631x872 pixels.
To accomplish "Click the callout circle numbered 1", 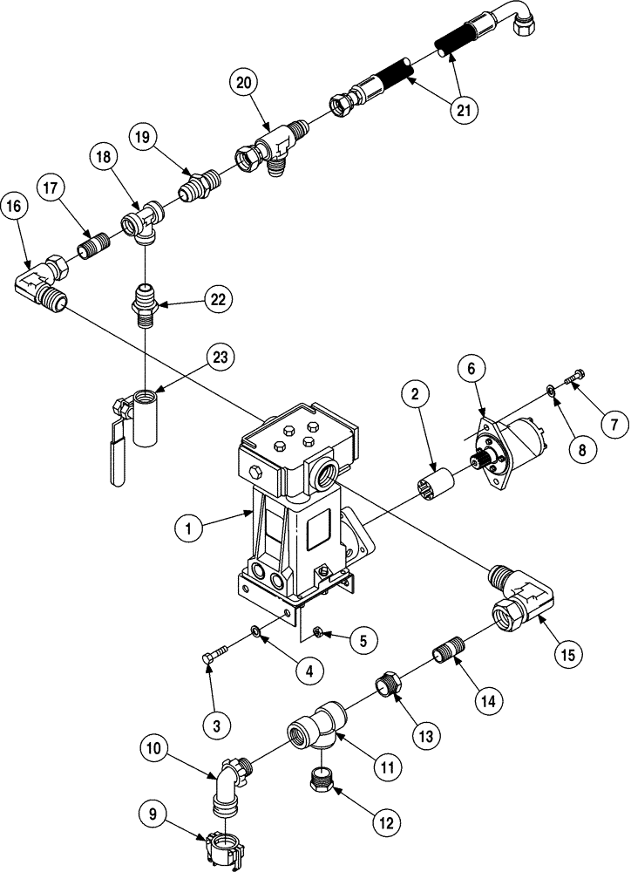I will point(187,527).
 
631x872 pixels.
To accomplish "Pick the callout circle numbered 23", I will point(219,357).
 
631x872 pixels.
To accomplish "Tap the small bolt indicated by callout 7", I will point(574,378).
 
